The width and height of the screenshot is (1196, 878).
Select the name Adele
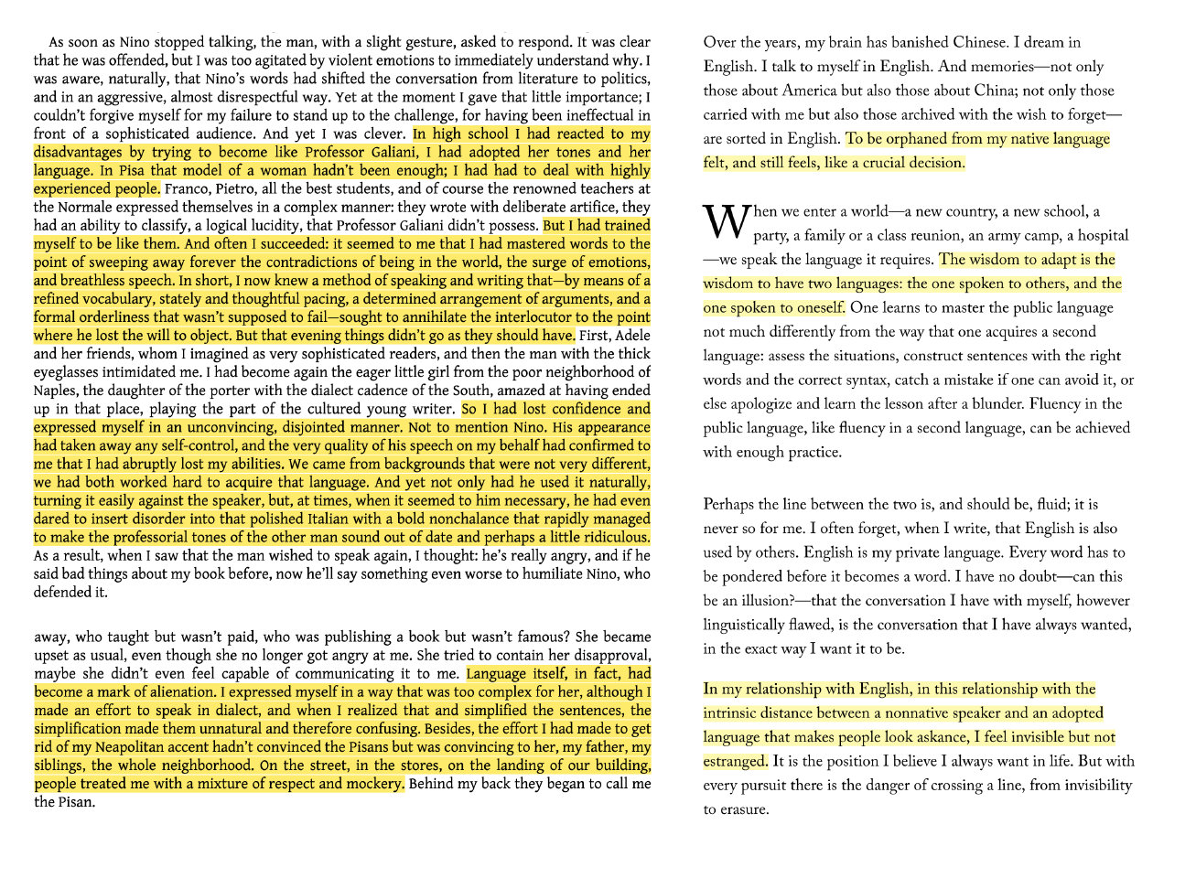coord(631,336)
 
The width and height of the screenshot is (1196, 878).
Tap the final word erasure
coord(742,809)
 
